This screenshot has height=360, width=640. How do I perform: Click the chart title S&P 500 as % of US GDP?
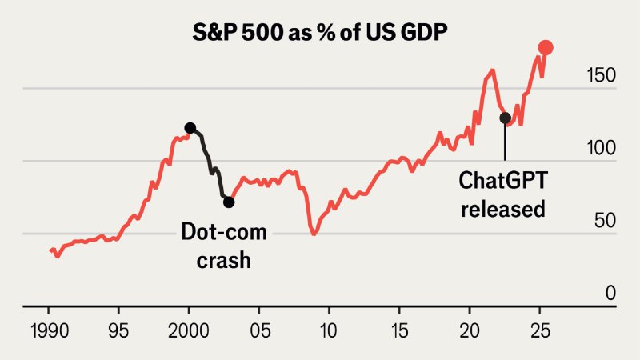(320, 34)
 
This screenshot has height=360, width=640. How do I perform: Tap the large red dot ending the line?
(546, 48)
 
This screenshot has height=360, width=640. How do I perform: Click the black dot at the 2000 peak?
(190, 128)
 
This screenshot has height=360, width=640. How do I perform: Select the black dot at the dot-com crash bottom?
(229, 202)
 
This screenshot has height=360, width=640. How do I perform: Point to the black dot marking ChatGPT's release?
(505, 118)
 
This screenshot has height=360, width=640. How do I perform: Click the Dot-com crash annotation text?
(223, 246)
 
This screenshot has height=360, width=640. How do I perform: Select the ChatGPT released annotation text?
(502, 195)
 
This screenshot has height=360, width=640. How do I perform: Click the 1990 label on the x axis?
(49, 329)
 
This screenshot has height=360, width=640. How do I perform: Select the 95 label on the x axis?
(118, 329)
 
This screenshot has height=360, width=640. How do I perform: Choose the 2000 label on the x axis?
(189, 329)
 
